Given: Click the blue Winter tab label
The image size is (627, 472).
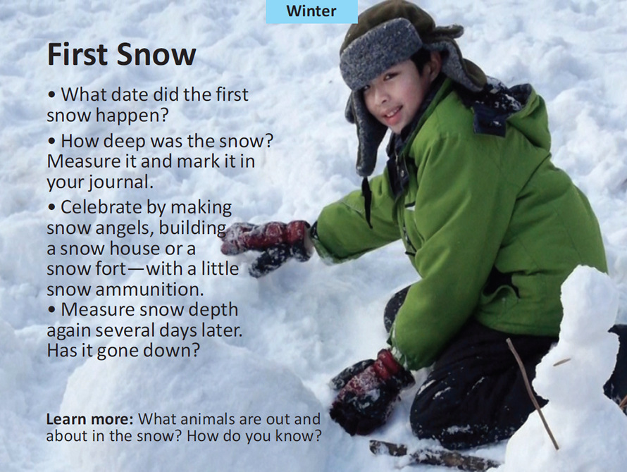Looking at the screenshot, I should (x=311, y=11).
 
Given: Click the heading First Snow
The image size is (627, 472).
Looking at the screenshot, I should (x=121, y=55).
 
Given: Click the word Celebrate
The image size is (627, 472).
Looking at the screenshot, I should (x=104, y=207).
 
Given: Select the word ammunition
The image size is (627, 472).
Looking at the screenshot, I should (x=140, y=290).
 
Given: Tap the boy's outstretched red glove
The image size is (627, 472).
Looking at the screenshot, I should (x=268, y=243).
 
